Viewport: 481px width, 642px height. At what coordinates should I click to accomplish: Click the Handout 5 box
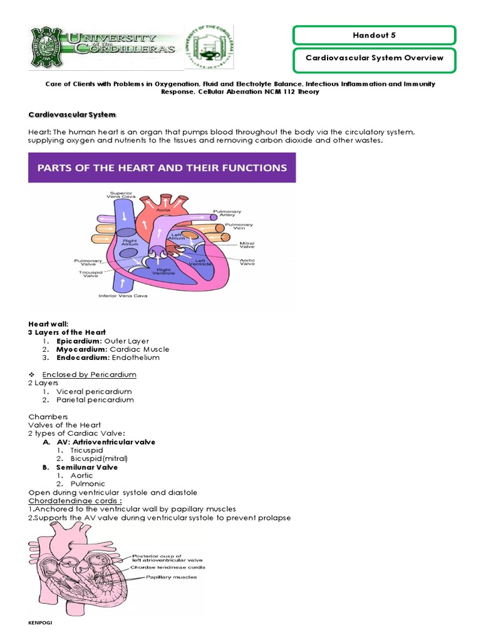click(x=375, y=35)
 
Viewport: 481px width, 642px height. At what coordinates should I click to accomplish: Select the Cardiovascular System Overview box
click(x=375, y=58)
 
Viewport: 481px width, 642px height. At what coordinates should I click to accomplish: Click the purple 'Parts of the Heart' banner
click(x=162, y=168)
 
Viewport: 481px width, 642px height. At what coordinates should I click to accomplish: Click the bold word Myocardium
click(x=81, y=349)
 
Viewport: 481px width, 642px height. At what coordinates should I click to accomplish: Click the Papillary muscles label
click(x=172, y=577)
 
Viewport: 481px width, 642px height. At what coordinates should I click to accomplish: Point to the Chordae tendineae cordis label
click(x=176, y=567)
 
